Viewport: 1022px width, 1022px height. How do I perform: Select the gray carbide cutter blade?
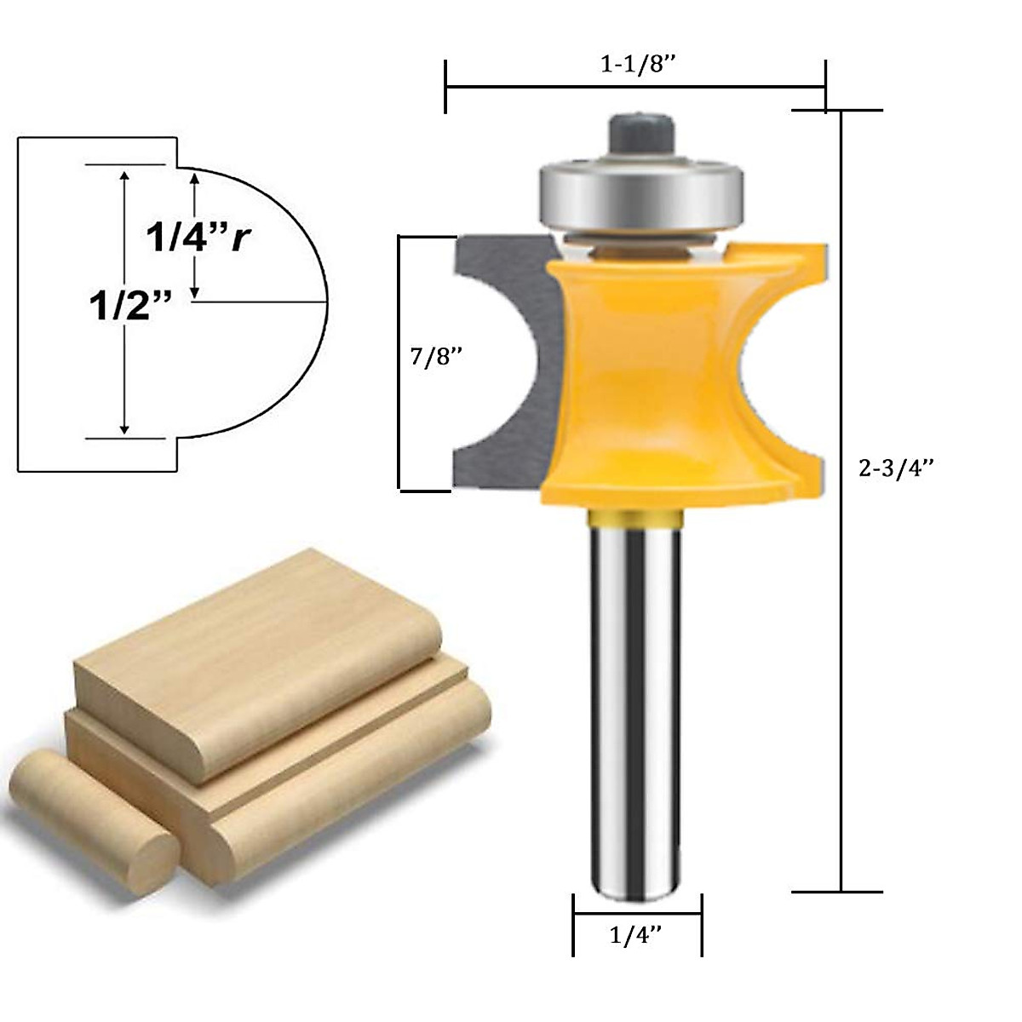point(498,366)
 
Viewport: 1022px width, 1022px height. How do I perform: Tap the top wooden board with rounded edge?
point(255,656)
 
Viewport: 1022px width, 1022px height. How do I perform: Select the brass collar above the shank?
point(635,516)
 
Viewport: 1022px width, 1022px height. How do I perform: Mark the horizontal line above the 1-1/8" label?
point(635,86)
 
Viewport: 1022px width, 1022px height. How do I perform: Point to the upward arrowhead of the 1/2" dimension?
point(125,175)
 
